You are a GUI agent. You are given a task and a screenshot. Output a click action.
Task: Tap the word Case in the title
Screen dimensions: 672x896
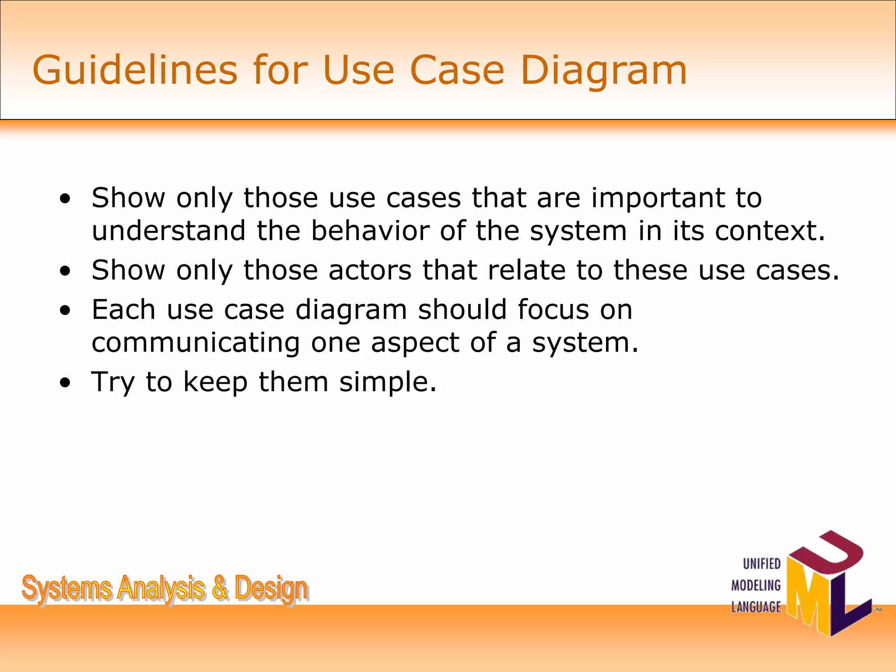coord(457,70)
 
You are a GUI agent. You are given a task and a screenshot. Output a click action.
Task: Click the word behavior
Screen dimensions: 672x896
coord(370,231)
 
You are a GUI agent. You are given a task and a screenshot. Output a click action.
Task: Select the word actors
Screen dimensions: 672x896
coord(370,270)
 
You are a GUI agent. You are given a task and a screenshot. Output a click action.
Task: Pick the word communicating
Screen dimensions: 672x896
coord(196,343)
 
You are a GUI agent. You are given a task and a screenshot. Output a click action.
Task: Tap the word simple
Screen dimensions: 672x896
coord(388,383)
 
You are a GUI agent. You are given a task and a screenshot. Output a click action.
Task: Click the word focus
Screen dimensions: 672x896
coord(553,310)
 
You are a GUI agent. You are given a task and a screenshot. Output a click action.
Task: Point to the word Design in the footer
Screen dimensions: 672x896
coord(271,589)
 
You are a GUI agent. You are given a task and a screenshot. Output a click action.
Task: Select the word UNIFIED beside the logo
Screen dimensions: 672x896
coord(762,564)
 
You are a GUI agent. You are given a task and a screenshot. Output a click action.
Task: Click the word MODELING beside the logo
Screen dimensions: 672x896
coord(756,585)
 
